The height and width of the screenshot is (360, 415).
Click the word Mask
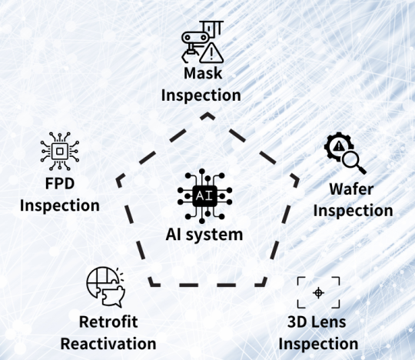[203, 73]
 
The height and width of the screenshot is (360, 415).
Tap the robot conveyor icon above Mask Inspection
[202, 42]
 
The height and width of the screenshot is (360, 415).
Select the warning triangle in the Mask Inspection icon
[211, 53]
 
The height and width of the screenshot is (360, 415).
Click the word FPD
[60, 183]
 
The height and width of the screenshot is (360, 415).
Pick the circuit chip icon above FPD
[60, 152]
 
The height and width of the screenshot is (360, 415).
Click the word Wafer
[351, 189]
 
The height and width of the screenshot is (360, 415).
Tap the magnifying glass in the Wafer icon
[354, 162]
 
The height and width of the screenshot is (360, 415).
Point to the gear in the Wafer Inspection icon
[337, 146]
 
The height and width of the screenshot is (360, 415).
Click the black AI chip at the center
[205, 196]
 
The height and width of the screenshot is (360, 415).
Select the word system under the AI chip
[214, 235]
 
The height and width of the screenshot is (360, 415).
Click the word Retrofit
[108, 322]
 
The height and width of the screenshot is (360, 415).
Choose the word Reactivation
[108, 344]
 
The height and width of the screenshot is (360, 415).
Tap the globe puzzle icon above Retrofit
[106, 287]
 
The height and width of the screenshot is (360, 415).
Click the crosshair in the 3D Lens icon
[318, 293]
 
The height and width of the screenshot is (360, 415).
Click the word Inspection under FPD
[60, 206]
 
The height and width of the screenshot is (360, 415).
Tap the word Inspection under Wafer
[353, 211]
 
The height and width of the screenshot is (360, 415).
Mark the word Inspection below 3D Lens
[318, 344]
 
